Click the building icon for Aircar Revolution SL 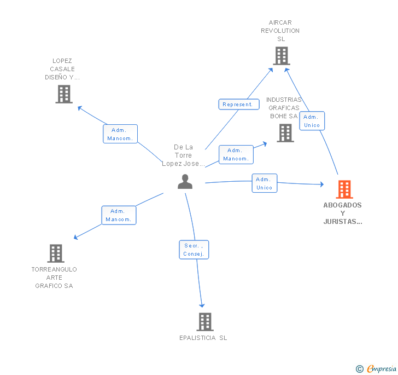(281, 56)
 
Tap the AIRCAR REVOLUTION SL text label (280, 31)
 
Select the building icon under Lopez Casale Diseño (64, 94)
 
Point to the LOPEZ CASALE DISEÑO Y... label (62, 69)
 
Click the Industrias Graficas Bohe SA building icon (285, 133)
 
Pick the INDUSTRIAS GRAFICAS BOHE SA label (284, 108)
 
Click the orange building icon (344, 189)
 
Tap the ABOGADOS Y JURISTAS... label (342, 214)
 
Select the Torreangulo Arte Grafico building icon (55, 253)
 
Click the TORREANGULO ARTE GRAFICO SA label (54, 278)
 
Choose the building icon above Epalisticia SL (204, 322)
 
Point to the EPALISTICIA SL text (203, 338)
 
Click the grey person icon (185, 182)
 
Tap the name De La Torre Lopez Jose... (183, 155)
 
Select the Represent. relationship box (239, 104)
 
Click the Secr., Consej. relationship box (194, 250)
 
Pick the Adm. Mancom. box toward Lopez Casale (120, 134)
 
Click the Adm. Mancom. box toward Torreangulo (119, 215)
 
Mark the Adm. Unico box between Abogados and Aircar (312, 121)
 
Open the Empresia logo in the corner (376, 368)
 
